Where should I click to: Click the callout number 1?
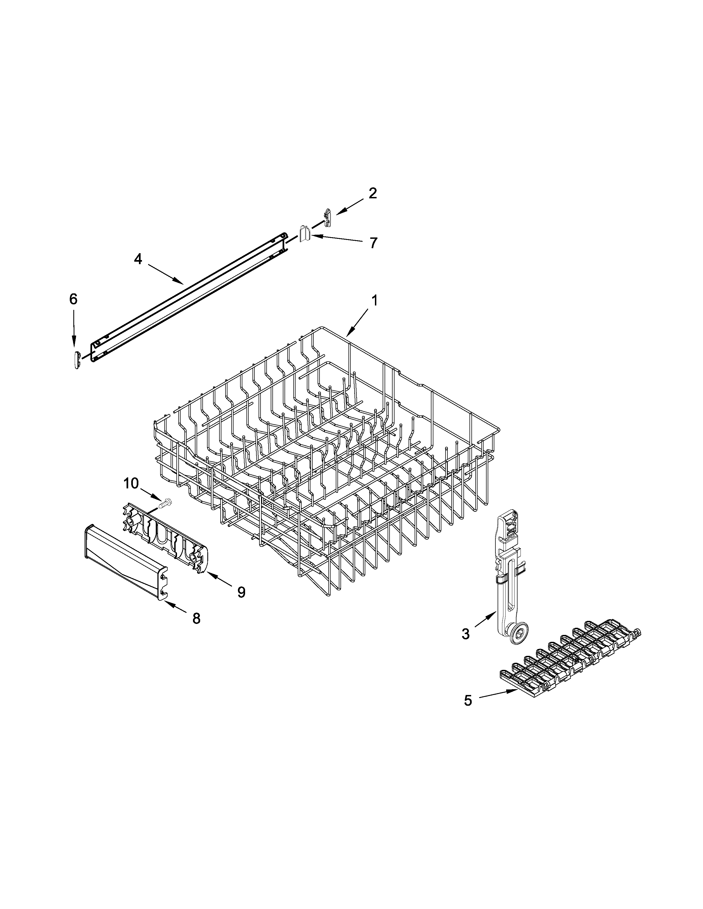coord(374,301)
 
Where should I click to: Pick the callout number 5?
coord(468,700)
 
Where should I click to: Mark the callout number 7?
coord(373,243)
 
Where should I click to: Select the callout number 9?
coord(241,592)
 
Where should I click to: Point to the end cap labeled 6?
coord(76,359)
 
